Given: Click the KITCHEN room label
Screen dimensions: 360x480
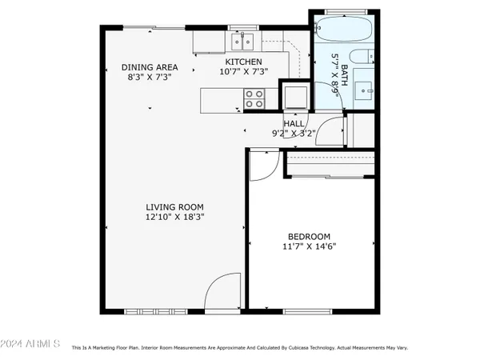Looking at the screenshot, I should [x=242, y=62].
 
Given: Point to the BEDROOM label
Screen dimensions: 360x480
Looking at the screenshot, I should [x=310, y=236].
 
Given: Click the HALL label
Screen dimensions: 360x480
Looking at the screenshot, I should [x=294, y=124].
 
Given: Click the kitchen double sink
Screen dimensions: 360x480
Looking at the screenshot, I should [x=242, y=40].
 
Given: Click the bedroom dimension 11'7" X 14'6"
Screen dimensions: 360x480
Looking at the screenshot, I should [x=310, y=247].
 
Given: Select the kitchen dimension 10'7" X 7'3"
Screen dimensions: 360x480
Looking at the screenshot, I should [x=242, y=72].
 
